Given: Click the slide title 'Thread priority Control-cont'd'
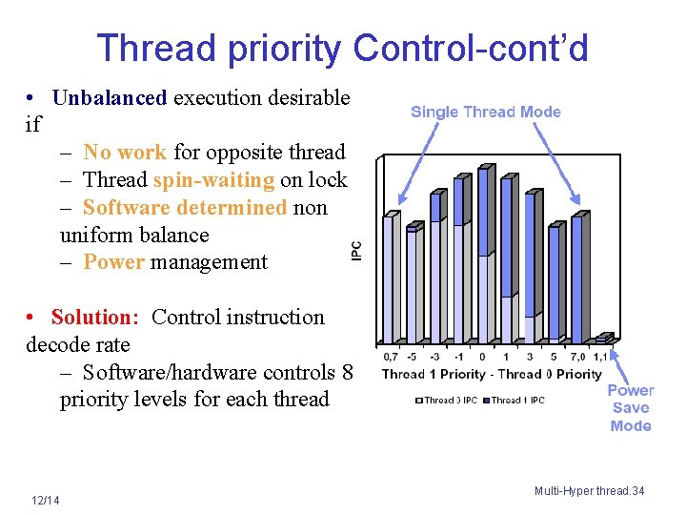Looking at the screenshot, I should point(342,47).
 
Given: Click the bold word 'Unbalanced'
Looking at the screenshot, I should point(110,97).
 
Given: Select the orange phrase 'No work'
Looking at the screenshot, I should point(125,153).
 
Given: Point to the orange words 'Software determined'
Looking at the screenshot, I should point(185,207).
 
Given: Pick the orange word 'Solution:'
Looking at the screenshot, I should point(94,317).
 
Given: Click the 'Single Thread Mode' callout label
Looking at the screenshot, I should point(485,112).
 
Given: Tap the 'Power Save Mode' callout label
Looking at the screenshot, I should point(630,408).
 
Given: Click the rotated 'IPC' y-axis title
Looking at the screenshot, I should point(356,251).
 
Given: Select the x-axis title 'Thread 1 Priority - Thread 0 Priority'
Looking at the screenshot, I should point(492,374).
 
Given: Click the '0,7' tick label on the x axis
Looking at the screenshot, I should point(391,358).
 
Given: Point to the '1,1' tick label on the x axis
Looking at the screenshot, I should point(600,358).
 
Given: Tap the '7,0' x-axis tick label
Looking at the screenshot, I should point(575,358).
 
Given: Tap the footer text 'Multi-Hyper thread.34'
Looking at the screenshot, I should point(589,491).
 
